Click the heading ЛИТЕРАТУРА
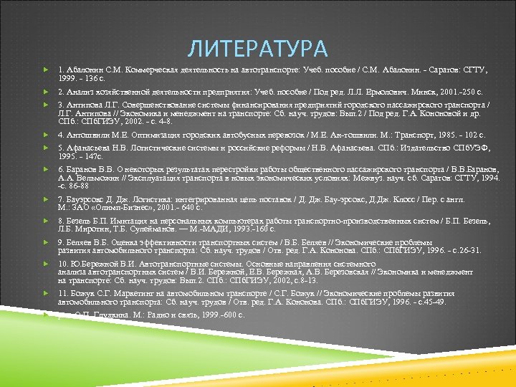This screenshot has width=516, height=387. [x=258, y=49]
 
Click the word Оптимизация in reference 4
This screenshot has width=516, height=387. [x=147, y=134]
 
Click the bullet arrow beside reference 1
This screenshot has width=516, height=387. [x=45, y=70]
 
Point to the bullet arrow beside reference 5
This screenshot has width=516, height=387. [x=45, y=148]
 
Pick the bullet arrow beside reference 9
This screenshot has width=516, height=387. [x=45, y=243]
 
